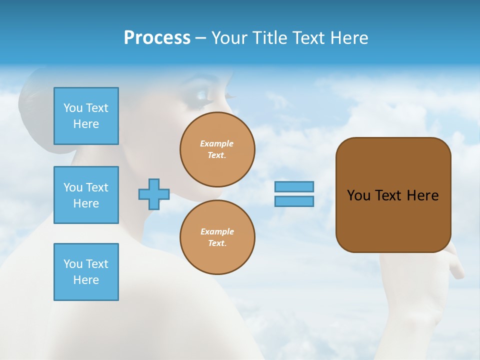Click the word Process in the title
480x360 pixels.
coord(157,38)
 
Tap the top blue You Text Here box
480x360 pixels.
coord(86,116)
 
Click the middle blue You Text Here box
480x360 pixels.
coord(86,195)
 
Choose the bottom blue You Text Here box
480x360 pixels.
coord(86,272)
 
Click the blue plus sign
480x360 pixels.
coord(154,194)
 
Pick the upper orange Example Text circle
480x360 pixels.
coord(217,149)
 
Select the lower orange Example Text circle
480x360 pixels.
coord(217,237)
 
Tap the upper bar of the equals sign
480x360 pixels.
coord(294,186)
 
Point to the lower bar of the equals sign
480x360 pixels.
coord(294,201)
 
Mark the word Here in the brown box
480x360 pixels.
coord(422,195)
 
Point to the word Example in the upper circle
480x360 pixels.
coord(217,143)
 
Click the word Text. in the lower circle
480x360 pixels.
coord(217,243)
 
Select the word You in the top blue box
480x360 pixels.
coord(72,108)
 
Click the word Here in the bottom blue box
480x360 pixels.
coord(86,280)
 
